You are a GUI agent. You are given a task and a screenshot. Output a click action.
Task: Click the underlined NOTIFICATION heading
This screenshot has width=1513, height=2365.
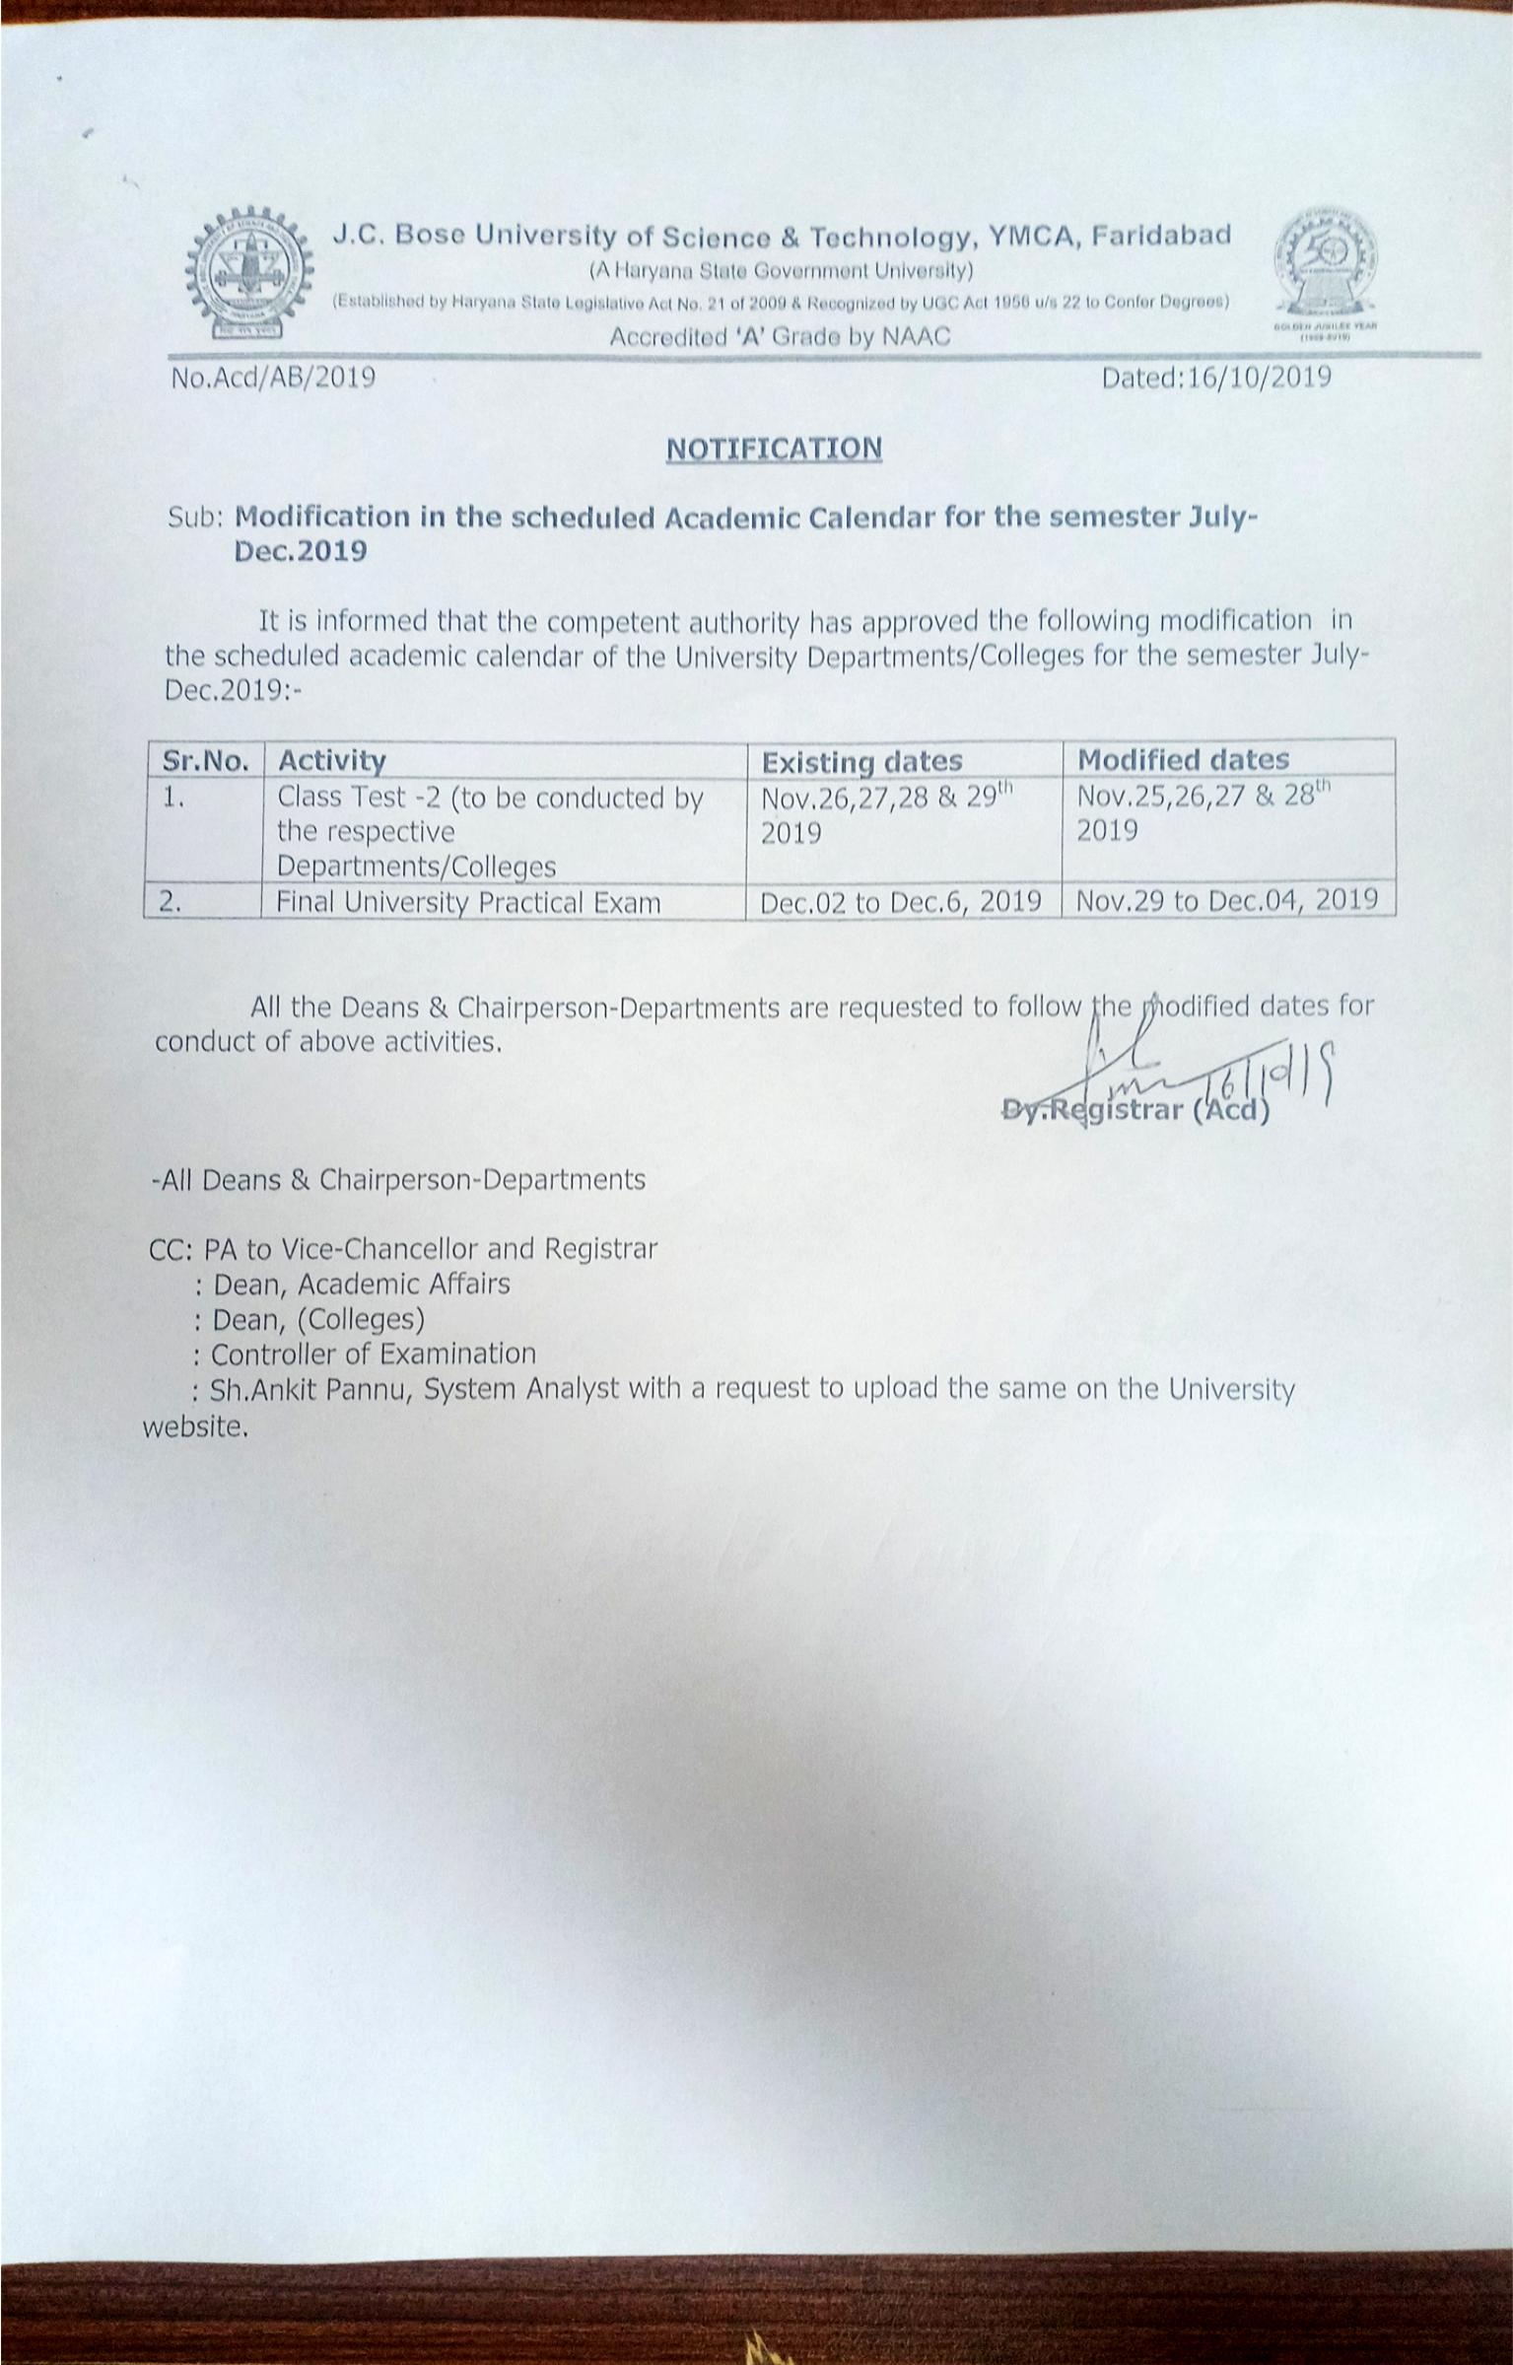pyautogui.click(x=774, y=449)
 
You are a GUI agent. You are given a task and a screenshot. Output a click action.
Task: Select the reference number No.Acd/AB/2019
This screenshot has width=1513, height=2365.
pyautogui.click(x=273, y=377)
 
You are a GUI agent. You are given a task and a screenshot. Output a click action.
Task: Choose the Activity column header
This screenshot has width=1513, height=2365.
pyautogui.click(x=332, y=760)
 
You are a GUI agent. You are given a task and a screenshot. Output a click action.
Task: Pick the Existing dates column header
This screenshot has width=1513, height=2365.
pyautogui.click(x=862, y=761)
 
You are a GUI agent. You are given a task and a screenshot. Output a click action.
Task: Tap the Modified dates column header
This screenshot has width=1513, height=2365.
pyautogui.click(x=1183, y=759)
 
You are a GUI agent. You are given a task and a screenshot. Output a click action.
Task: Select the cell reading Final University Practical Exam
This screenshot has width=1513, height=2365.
pyautogui.click(x=469, y=902)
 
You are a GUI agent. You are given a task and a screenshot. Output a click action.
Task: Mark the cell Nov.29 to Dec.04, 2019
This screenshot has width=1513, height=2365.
pyautogui.click(x=1227, y=899)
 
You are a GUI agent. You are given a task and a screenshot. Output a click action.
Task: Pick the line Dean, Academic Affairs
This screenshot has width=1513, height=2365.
pyautogui.click(x=362, y=1284)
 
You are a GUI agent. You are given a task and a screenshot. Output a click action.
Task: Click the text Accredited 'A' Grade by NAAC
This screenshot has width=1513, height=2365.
pyautogui.click(x=780, y=336)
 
